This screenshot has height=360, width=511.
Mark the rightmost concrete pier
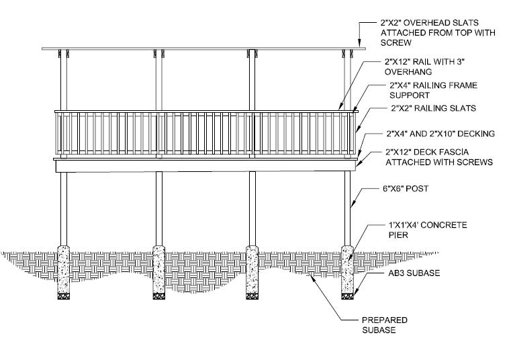point(347,272)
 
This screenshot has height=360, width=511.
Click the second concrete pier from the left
point(158,272)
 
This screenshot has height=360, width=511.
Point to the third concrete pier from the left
point(252,272)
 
